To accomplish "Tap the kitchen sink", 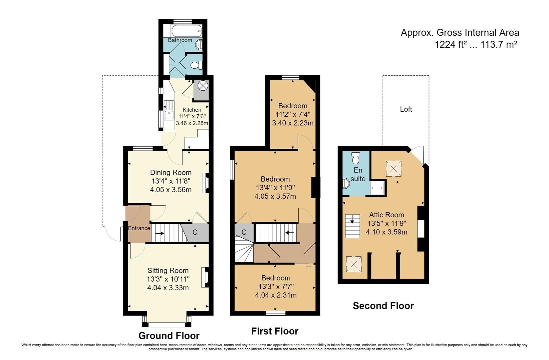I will pos(169,110).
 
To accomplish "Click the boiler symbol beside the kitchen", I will pos(202,86).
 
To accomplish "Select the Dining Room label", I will pos(171,172).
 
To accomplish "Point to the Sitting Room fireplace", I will pos(204,277).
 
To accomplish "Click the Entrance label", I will pos(139,228).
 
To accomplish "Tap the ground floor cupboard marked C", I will pos(195,232).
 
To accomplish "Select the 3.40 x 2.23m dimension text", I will pos(293,123).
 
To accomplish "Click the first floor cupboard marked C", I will pos(244,232).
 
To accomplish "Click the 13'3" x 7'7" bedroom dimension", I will pos(276,287).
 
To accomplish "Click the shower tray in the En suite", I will pos(378,189).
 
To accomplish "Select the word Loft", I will pos(406,109).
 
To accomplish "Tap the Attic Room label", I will pos(386,215).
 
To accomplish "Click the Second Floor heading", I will pos(383,306).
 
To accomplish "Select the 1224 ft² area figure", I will pos(448,44).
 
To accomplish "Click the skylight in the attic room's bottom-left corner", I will pos(354,265).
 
